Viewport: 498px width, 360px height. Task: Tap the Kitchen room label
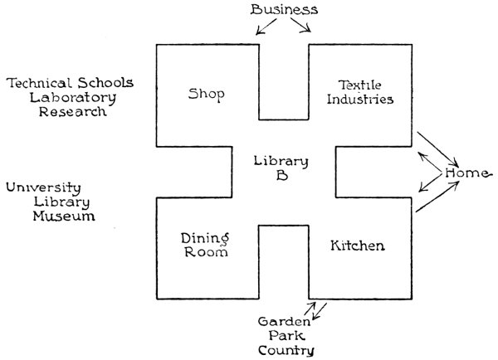point(357,246)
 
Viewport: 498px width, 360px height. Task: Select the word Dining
point(204,238)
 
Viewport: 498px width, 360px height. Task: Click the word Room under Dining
point(204,253)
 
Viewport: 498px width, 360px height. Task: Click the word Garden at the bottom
point(285,321)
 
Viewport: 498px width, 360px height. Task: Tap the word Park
point(285,336)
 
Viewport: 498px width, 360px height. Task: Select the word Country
point(285,351)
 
